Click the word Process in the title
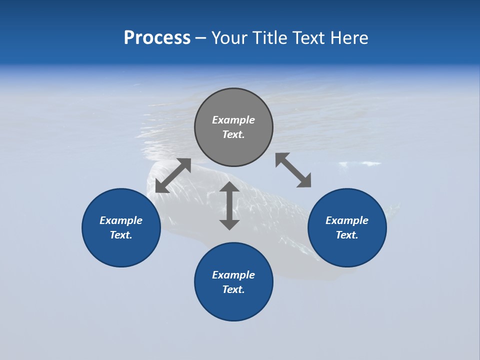click(x=157, y=38)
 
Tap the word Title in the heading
click(x=268, y=38)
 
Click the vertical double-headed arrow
click(x=229, y=205)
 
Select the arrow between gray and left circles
click(x=173, y=175)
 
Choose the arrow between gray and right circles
click(x=293, y=170)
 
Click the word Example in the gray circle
click(x=233, y=120)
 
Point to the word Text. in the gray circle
click(x=233, y=134)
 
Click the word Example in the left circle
click(x=121, y=220)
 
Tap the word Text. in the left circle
click(x=121, y=235)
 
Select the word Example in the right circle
click(x=347, y=220)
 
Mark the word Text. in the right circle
click(x=347, y=235)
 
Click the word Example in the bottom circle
click(x=233, y=275)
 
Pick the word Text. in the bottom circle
click(x=233, y=289)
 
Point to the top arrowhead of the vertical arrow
click(x=229, y=187)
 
